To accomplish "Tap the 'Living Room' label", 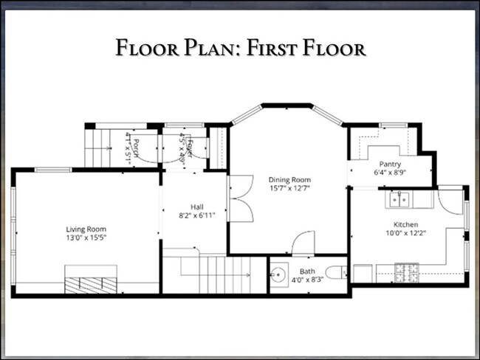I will tap(86, 229).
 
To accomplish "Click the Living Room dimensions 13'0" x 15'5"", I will tap(86, 238).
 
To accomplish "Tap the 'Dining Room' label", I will tap(289, 179).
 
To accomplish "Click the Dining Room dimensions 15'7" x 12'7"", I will tap(289, 188).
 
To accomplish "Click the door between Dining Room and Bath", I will tap(304, 244).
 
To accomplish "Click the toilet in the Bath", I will tap(335, 273).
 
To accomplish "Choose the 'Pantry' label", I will tap(390, 164).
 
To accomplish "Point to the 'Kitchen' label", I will tap(405, 224).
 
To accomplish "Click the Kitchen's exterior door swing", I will tap(450, 202).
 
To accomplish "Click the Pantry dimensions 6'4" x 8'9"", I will tap(390, 173).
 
